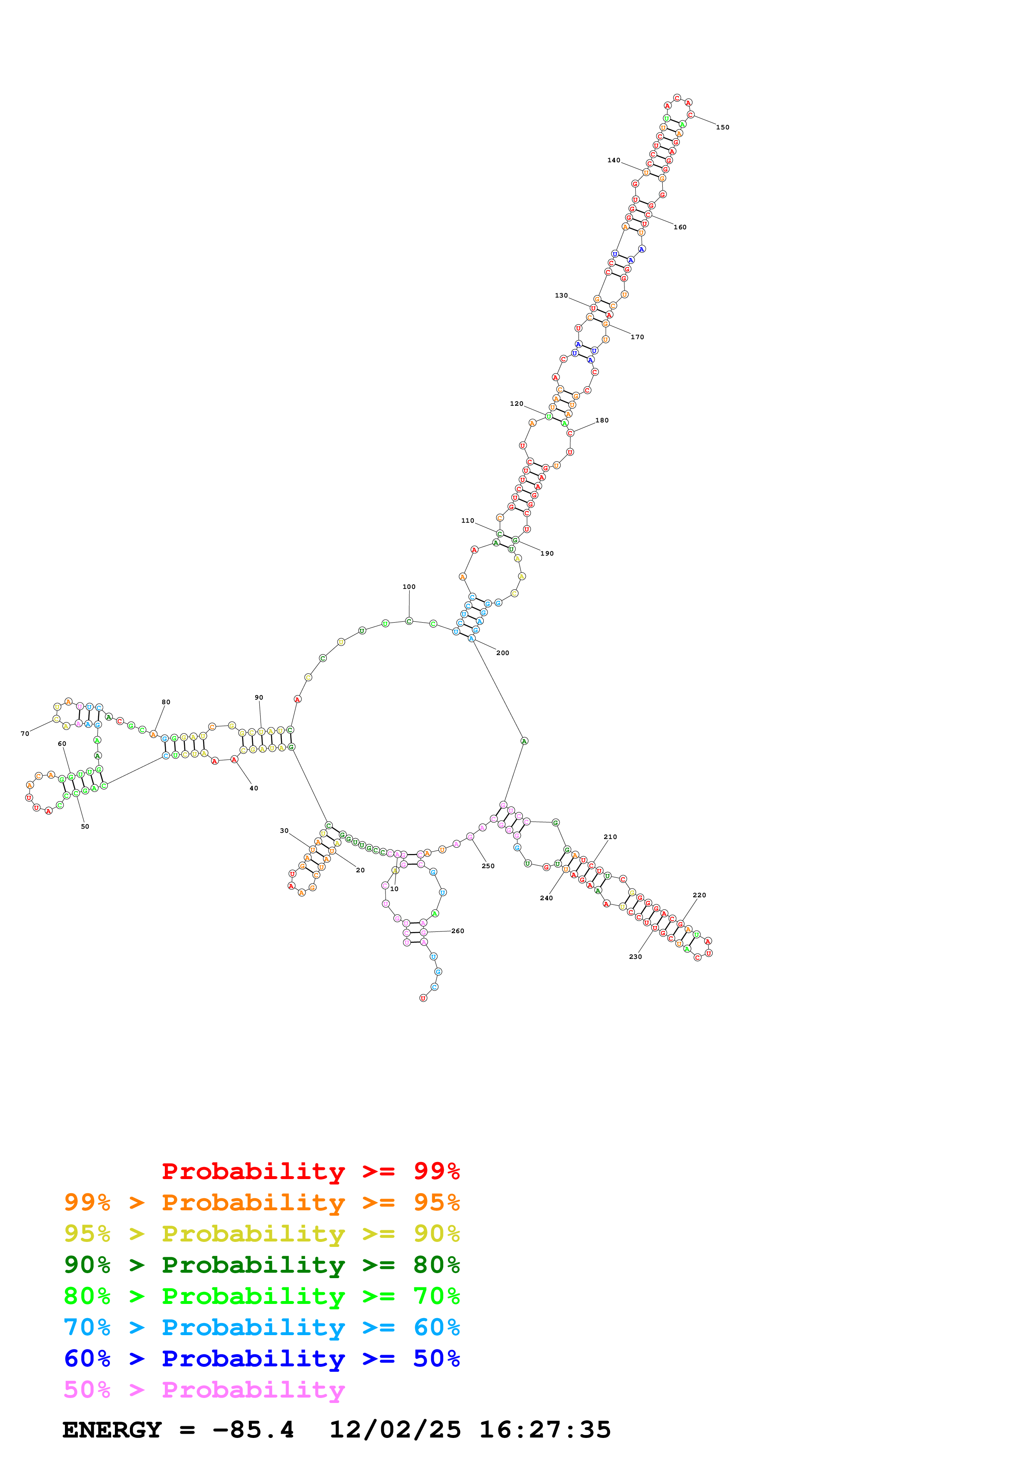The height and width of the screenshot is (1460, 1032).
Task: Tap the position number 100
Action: (409, 587)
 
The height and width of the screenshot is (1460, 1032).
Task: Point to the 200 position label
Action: (502, 653)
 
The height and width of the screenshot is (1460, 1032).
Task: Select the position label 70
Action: (25, 734)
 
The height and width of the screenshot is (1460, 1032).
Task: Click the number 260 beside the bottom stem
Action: (458, 931)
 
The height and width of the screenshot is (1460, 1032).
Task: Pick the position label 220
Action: (699, 895)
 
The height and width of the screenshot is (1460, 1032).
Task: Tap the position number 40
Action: (254, 789)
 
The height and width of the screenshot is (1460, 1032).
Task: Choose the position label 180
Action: (602, 420)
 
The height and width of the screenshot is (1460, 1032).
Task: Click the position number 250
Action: (488, 866)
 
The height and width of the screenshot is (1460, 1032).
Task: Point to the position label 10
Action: (394, 889)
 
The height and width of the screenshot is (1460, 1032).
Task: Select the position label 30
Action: (284, 830)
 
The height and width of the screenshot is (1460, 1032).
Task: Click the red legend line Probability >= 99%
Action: (310, 1171)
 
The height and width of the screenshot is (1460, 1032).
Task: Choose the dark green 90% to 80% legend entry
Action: (261, 1265)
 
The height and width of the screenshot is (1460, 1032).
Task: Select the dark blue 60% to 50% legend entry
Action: (261, 1358)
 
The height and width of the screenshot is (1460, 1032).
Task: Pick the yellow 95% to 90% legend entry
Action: (261, 1234)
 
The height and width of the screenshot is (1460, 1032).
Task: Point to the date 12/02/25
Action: (395, 1430)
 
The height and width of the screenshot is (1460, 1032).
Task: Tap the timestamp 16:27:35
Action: (545, 1430)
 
